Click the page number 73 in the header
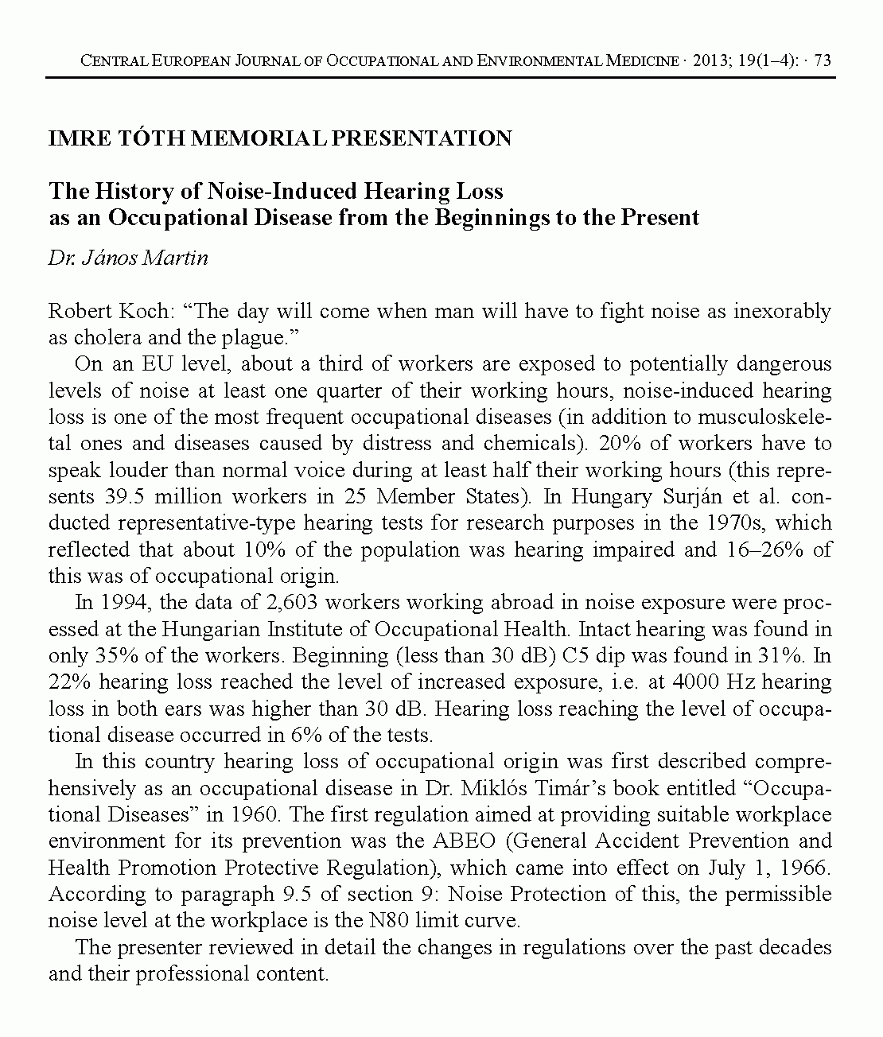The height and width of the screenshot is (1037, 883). pyautogui.click(x=823, y=61)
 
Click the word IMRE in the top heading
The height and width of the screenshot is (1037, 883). pyautogui.click(x=75, y=138)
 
